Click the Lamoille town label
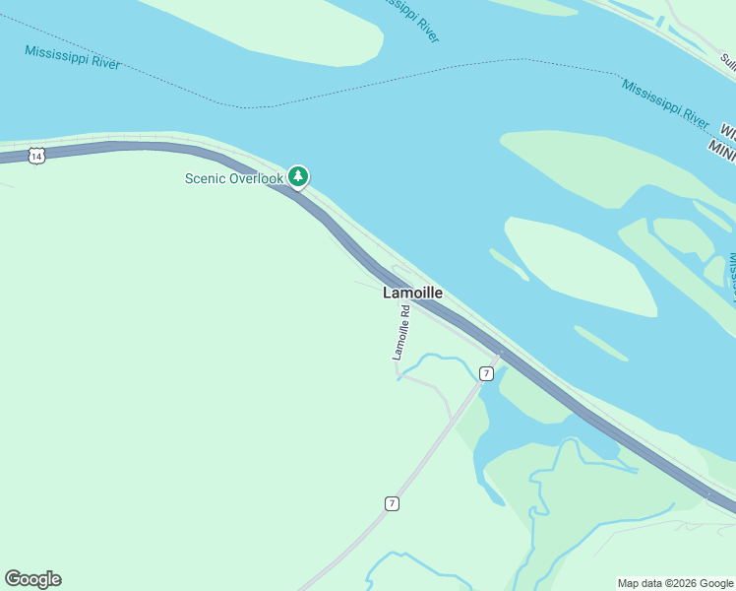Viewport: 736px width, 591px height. click(x=412, y=293)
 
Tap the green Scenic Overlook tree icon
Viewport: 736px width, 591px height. click(x=298, y=176)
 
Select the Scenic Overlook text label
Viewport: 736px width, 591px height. click(x=234, y=178)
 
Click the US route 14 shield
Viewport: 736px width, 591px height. click(x=36, y=156)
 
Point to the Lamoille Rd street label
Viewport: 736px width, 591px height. click(x=401, y=333)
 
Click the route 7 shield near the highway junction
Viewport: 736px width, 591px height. click(x=486, y=373)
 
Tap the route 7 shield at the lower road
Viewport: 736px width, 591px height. click(x=392, y=503)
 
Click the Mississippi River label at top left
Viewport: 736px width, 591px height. click(x=73, y=57)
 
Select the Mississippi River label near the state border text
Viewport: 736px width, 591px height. click(x=664, y=103)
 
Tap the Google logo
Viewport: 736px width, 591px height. click(x=32, y=579)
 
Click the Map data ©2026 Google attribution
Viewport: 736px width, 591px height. click(x=675, y=583)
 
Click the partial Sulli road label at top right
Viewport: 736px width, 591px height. click(x=727, y=59)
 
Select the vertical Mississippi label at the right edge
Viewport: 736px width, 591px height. click(x=731, y=276)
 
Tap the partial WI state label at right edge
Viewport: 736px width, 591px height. click(x=728, y=129)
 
